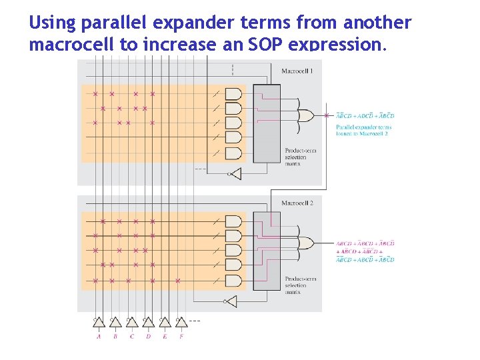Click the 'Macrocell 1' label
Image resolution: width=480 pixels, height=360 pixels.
click(x=297, y=71)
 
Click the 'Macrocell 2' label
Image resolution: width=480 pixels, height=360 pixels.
click(x=297, y=203)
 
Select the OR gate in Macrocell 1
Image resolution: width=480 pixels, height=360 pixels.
click(x=307, y=115)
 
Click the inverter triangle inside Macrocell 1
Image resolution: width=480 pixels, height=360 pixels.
click(x=233, y=174)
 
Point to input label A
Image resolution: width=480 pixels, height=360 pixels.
click(x=99, y=337)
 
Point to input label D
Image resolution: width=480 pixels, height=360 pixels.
click(x=148, y=337)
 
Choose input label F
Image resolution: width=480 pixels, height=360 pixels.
click(x=181, y=337)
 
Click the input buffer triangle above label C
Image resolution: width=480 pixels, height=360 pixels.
click(x=131, y=323)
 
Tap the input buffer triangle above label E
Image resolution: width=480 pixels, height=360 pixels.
click(x=164, y=323)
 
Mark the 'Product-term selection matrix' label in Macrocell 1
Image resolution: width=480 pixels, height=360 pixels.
click(x=300, y=157)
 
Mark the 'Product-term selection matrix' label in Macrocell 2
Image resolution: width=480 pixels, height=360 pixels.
click(x=300, y=285)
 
